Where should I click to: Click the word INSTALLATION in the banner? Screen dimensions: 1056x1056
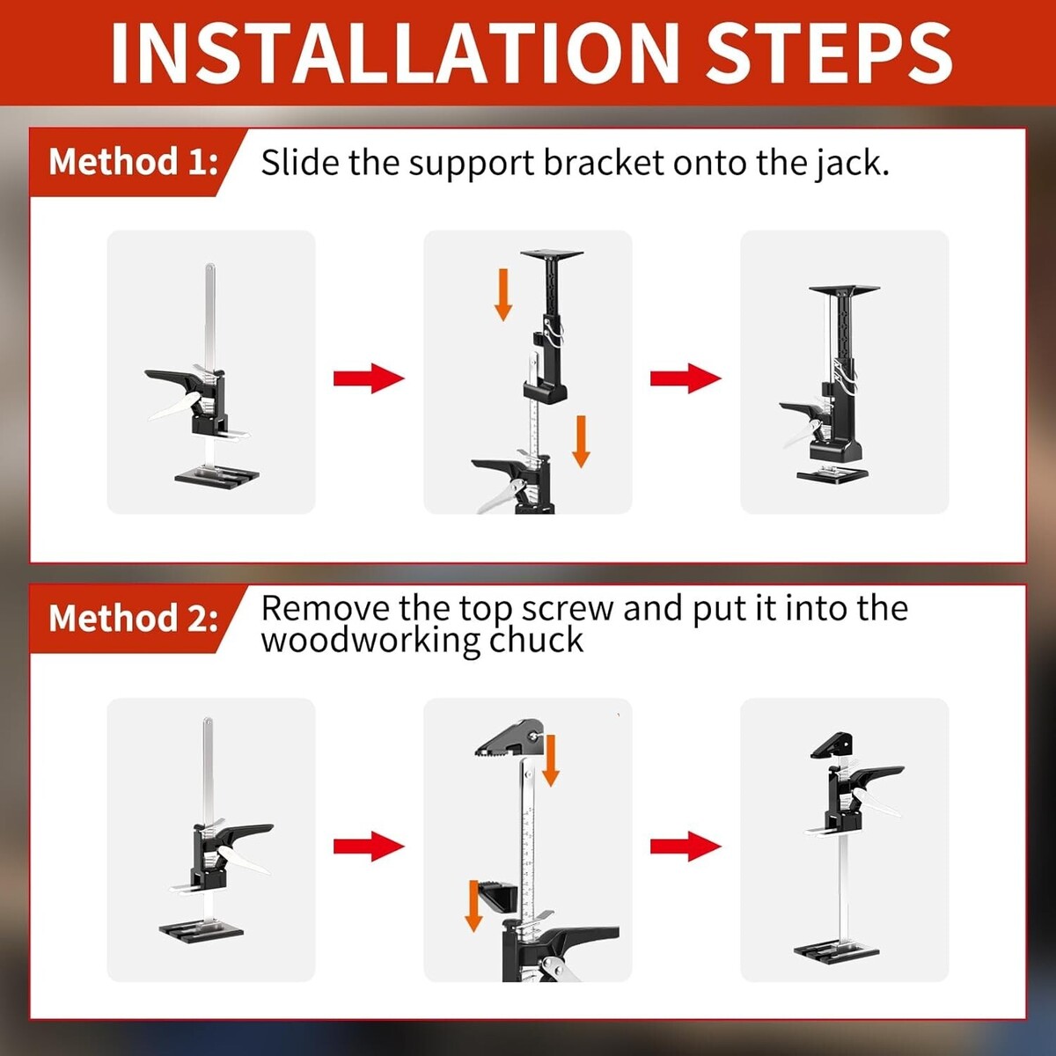(x=394, y=53)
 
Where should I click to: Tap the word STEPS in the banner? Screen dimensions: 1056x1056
(x=829, y=53)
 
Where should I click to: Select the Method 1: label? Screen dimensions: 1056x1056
(x=134, y=162)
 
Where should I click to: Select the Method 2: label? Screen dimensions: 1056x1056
(x=134, y=618)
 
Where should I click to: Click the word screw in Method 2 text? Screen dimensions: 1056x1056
(x=568, y=609)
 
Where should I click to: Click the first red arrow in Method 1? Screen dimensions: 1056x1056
(x=369, y=378)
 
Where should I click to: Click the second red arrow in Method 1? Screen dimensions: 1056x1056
(x=686, y=378)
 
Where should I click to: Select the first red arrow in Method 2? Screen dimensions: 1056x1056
(x=369, y=847)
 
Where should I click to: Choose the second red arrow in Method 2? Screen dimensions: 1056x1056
(x=686, y=847)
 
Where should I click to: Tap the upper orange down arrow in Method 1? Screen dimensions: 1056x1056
(x=503, y=295)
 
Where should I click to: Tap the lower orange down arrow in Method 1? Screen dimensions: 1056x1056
(x=581, y=442)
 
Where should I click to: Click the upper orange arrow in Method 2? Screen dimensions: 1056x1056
(x=550, y=761)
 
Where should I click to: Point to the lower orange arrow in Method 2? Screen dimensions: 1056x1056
(x=473, y=906)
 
